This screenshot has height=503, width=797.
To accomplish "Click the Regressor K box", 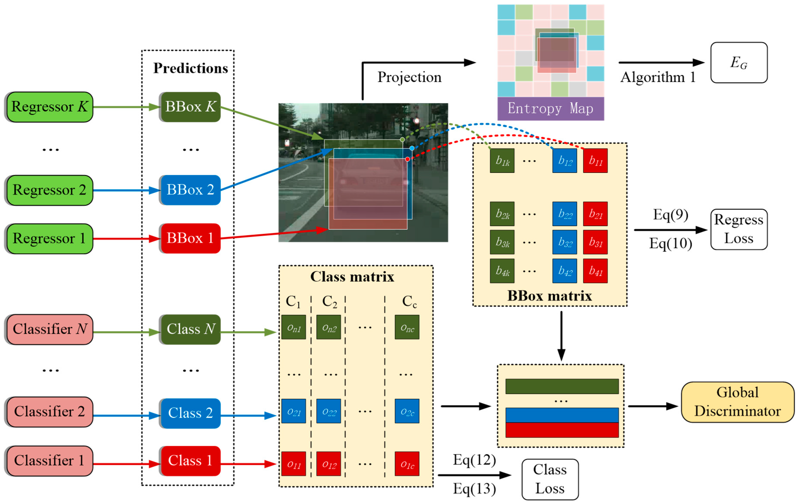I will (49, 107).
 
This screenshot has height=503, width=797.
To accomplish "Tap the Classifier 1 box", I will (49, 461).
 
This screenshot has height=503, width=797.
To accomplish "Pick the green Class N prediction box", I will (190, 329).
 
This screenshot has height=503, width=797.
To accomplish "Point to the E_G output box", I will (739, 63).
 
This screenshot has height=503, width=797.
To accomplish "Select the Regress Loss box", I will (739, 229).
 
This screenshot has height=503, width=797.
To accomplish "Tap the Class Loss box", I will (550, 479).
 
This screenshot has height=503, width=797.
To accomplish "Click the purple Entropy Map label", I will (550, 108).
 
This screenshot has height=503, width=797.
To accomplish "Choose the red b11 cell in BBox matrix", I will (595, 161).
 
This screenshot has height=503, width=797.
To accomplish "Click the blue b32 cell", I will (565, 242).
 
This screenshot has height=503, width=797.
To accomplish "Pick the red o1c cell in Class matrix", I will (407, 464).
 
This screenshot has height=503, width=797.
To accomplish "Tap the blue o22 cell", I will (328, 411).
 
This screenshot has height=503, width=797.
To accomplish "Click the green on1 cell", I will (294, 327).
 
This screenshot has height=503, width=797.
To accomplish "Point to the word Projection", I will (409, 77).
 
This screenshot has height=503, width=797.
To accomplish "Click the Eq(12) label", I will (474, 460).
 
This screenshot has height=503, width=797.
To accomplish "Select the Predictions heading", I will (190, 68).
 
